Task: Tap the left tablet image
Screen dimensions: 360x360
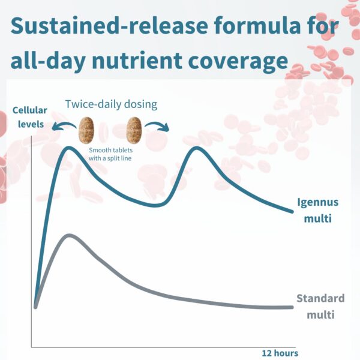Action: coord(87,129)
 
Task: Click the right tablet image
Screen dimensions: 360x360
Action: coord(134,129)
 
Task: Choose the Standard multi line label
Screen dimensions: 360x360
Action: coord(320,306)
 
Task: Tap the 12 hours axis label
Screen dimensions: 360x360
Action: coord(279,353)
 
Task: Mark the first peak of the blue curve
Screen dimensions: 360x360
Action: coord(68,148)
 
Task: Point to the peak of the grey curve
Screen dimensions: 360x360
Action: coord(70,235)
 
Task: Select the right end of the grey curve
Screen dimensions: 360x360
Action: coord(292,307)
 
